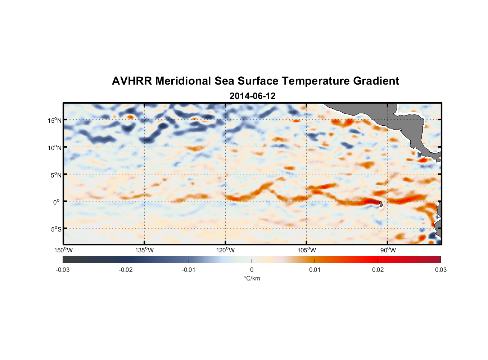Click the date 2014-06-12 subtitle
pos(252,96)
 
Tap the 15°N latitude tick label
pos(54,120)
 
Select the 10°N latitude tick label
pos(54,148)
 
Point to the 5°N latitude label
pos(55,175)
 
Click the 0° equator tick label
pos(57,202)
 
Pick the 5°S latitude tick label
pos(55,229)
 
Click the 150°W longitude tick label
pos(63,250)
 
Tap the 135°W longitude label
pos(144,250)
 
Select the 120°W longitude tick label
pos(225,250)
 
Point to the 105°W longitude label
pos(307,250)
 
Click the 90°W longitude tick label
pos(388,250)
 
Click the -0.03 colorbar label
pos(63,270)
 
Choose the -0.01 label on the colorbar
pos(189,270)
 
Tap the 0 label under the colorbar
pos(252,270)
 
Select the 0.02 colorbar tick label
pos(378,270)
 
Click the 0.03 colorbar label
pos(440,270)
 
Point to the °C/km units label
pos(252,279)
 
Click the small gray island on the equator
pos(381,204)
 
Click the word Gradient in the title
pos(376,81)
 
